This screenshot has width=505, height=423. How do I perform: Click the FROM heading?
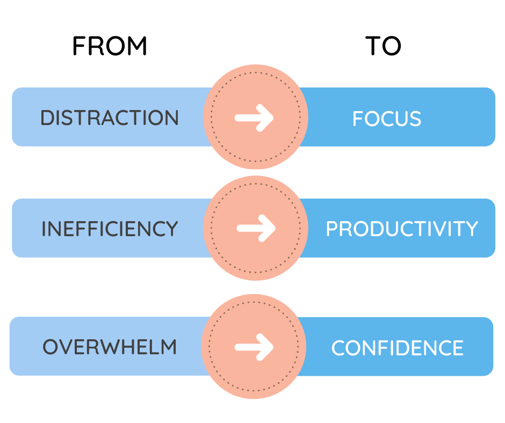110,46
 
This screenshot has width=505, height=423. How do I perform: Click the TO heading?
383,46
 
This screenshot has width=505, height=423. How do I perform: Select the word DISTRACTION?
110,118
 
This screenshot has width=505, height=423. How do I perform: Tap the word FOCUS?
387,119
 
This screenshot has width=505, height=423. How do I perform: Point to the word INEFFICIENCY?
110,229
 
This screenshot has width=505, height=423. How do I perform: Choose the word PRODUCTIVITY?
402,229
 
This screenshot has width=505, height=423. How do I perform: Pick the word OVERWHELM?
110,347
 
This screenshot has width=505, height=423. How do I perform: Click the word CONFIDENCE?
398,348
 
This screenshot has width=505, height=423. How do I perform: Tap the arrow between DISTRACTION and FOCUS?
254,118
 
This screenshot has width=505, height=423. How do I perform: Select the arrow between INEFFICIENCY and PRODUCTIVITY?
256,228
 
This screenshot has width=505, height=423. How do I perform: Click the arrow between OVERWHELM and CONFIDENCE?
254,347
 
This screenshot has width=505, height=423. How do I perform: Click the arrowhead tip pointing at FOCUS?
273,118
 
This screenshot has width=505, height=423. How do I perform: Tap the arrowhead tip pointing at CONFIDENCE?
273,347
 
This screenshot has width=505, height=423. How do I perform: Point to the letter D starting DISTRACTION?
47,118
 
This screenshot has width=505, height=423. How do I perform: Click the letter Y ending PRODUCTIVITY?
471,229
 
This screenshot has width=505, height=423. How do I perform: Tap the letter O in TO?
392,46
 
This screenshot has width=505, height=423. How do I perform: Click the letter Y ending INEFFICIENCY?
171,229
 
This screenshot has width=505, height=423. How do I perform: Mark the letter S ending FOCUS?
415,119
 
